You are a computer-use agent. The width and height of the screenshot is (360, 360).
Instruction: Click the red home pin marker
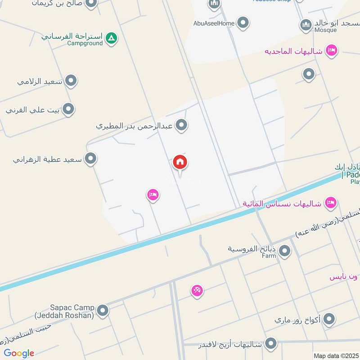pos(180,163)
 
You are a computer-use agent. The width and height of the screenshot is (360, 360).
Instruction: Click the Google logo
pos(19,353)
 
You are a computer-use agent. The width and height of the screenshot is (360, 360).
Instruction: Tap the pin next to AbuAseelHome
pos(243,22)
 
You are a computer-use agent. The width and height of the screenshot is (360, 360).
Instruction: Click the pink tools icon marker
pos(197,291)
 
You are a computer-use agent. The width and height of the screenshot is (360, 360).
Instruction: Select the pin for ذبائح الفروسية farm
pos(284,251)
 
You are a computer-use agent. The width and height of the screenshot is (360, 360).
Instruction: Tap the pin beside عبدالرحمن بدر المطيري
pos(181,125)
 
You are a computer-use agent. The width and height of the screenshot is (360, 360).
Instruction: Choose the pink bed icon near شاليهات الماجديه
pos(332,50)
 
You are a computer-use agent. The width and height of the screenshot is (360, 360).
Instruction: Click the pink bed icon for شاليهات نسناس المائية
pos(331,203)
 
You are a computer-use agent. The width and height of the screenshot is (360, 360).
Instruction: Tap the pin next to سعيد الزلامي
pos(71,81)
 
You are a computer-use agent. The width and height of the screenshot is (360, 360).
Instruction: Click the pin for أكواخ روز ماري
pos(329,319)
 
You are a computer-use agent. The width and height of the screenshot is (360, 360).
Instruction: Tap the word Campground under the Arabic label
pos(85,44)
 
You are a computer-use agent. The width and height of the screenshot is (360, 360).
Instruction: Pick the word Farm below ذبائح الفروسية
pos(269,256)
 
